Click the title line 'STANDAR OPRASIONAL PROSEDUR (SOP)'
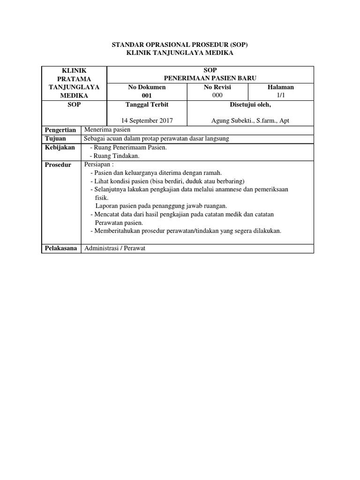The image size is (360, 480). [180, 45]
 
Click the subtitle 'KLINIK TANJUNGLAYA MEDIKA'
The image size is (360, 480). [180, 53]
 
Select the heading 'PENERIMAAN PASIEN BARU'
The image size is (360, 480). [210, 78]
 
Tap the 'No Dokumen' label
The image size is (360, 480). [147, 87]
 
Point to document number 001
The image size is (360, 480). [147, 96]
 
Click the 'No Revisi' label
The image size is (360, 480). [217, 87]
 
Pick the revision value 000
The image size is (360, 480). [217, 96]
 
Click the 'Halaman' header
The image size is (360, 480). [281, 87]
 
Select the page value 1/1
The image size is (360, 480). [281, 96]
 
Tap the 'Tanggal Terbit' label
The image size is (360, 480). [147, 105]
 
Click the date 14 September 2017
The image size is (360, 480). [147, 121]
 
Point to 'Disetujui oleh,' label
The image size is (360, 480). [250, 105]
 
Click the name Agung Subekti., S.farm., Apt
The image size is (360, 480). [250, 121]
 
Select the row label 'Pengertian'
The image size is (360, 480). [60, 130]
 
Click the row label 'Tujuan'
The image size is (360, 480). [55, 139]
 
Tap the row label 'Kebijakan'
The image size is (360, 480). [60, 148]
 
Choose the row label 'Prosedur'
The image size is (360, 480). [58, 165]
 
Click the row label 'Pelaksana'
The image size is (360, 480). [60, 248]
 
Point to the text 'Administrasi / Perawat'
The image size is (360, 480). [115, 248]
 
